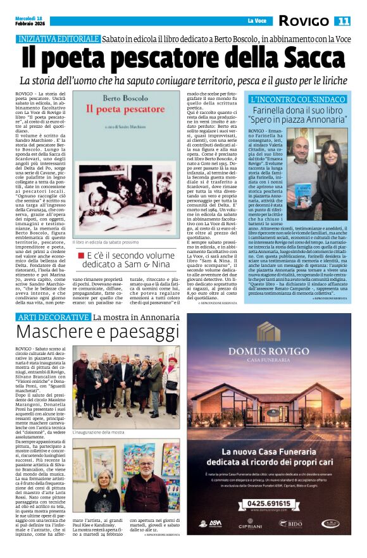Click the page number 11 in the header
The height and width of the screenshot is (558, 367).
(343, 21)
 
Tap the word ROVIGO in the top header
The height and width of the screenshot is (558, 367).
(306, 21)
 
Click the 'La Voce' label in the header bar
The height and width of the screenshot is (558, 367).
(256, 21)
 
